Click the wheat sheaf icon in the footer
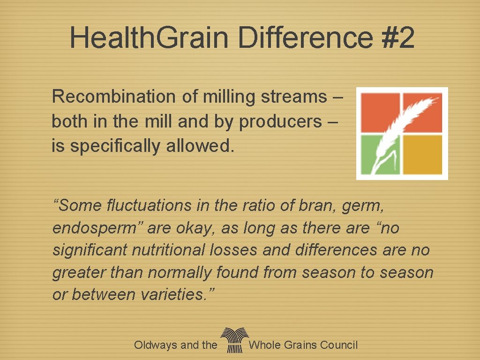click(x=233, y=340)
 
